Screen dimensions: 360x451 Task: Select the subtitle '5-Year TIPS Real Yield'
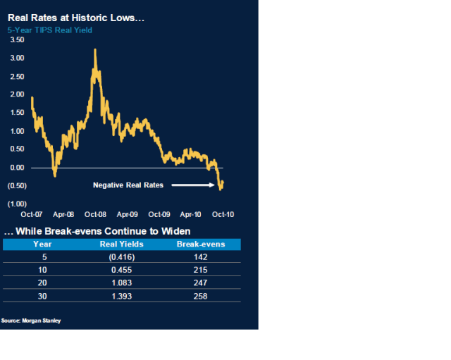[x=49, y=30]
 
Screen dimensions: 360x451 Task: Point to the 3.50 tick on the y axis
[x=17, y=40]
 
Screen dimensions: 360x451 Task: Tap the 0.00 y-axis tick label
[x=17, y=168]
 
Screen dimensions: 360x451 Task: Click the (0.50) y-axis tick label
[x=17, y=186]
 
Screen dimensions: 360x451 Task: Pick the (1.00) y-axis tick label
[x=17, y=204]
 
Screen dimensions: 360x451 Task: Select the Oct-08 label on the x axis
[x=95, y=213]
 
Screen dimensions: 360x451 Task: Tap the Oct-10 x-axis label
[x=224, y=213]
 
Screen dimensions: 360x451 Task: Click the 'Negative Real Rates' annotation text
[x=128, y=185]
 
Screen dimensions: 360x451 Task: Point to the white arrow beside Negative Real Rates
[x=192, y=185]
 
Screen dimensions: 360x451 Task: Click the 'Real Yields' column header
[x=121, y=244]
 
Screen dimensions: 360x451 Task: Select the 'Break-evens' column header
[x=200, y=244]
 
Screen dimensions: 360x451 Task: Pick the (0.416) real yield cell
[x=121, y=256]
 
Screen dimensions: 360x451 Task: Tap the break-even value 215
[x=200, y=269]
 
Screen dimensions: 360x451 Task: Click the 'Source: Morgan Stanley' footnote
[x=31, y=321]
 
